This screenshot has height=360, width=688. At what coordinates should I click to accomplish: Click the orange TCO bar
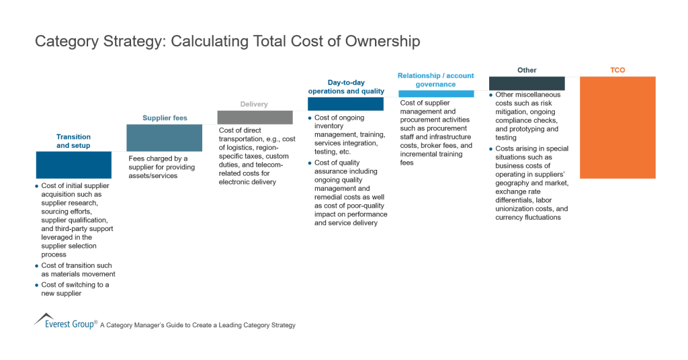point(617,127)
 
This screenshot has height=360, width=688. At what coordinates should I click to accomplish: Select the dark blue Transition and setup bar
point(74,165)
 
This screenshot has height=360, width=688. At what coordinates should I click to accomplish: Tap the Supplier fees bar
point(165,138)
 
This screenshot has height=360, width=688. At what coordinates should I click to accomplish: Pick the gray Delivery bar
point(255,117)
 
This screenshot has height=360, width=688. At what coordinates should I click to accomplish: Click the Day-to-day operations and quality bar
point(345,103)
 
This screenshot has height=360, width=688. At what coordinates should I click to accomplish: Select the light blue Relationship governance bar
point(436,93)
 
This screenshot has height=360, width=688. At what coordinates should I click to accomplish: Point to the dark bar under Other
point(527,83)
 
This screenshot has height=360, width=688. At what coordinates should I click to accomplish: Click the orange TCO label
point(617,70)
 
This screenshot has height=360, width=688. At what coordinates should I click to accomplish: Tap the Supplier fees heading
point(165,118)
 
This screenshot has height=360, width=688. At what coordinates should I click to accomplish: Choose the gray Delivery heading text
point(254,104)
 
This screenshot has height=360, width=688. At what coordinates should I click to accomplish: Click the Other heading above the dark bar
point(527,70)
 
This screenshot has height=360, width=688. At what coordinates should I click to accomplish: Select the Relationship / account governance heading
point(436,80)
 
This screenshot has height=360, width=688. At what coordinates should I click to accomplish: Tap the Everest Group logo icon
point(44,318)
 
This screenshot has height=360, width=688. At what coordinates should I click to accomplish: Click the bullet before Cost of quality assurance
point(310,163)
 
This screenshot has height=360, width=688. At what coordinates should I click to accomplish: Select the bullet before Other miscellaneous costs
point(491,95)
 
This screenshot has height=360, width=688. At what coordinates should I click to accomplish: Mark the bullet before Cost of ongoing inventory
point(310,118)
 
